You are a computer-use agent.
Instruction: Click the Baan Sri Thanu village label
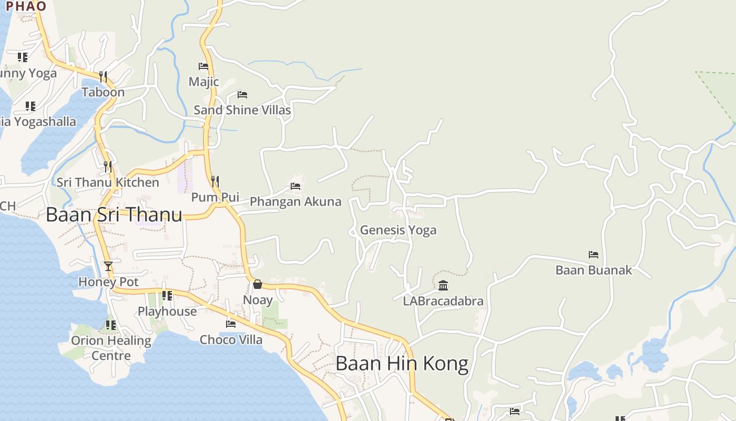tap(114, 215)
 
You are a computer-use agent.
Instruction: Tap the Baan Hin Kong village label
tap(402, 364)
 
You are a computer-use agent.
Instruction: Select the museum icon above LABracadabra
tap(443, 286)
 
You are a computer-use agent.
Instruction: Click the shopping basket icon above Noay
tap(258, 284)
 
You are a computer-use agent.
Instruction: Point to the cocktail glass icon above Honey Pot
tap(108, 266)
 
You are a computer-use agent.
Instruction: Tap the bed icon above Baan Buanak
tap(594, 255)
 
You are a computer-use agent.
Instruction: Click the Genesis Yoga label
tap(398, 230)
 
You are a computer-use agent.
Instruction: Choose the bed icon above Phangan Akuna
tap(295, 186)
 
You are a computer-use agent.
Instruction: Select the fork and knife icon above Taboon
tap(103, 77)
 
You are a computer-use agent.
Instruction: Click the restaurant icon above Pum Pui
tap(214, 182)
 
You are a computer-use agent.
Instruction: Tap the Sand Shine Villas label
tap(242, 110)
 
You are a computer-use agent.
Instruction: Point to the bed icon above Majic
tap(203, 66)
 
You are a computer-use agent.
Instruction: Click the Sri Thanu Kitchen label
tap(108, 183)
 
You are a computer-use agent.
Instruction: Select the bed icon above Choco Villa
tap(231, 324)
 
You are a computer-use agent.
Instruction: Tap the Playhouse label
tap(167, 312)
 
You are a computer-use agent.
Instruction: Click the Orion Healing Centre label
tap(111, 348)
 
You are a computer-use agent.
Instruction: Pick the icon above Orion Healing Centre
tap(110, 325)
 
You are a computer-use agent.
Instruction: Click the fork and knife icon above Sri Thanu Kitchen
tap(108, 167)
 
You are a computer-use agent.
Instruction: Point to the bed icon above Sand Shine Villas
tap(242, 95)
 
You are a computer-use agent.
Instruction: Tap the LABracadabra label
tap(443, 302)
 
